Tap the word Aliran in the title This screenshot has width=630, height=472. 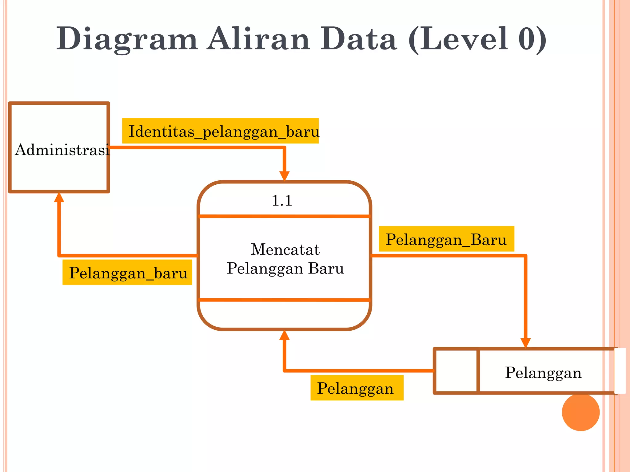tap(258, 39)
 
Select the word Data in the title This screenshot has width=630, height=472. tap(359, 39)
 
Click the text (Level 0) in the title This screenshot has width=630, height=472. tap(477, 39)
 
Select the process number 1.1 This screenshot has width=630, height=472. tap(282, 201)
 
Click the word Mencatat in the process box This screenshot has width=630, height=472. tap(285, 249)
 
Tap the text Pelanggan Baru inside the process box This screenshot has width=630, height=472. tap(285, 268)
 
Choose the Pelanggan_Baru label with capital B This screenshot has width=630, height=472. tap(446, 239)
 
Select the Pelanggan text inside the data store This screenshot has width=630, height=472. tap(543, 372)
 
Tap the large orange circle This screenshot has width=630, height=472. tap(580, 412)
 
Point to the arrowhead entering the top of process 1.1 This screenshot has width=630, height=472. tap(284, 176)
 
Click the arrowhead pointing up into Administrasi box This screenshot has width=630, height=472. tap(59, 197)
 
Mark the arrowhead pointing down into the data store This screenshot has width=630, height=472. tap(525, 343)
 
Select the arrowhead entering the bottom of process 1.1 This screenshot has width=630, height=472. tap(284, 335)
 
